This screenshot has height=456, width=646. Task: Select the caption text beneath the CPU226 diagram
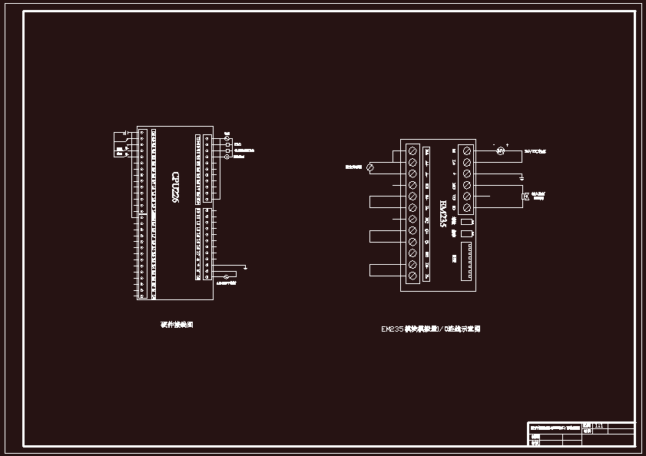[x=177, y=325]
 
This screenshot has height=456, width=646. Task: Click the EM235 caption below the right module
[x=431, y=329]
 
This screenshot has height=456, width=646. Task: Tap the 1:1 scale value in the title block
[x=600, y=425]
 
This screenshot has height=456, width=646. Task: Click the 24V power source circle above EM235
[x=499, y=151]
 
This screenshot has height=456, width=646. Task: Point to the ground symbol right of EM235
[x=522, y=178]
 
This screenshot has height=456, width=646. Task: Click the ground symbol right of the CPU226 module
[x=244, y=267]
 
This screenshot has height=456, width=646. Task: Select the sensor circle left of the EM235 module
[x=370, y=166]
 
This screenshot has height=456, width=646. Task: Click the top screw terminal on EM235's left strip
[x=412, y=150]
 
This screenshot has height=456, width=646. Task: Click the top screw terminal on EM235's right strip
[x=466, y=150]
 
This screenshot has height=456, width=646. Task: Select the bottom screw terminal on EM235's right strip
[x=466, y=208]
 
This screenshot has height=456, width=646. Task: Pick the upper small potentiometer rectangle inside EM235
[x=467, y=223]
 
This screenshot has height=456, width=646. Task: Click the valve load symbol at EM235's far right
[x=526, y=197]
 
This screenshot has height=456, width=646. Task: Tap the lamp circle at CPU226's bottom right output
[x=226, y=276]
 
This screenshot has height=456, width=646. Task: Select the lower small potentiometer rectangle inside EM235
[x=467, y=233]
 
